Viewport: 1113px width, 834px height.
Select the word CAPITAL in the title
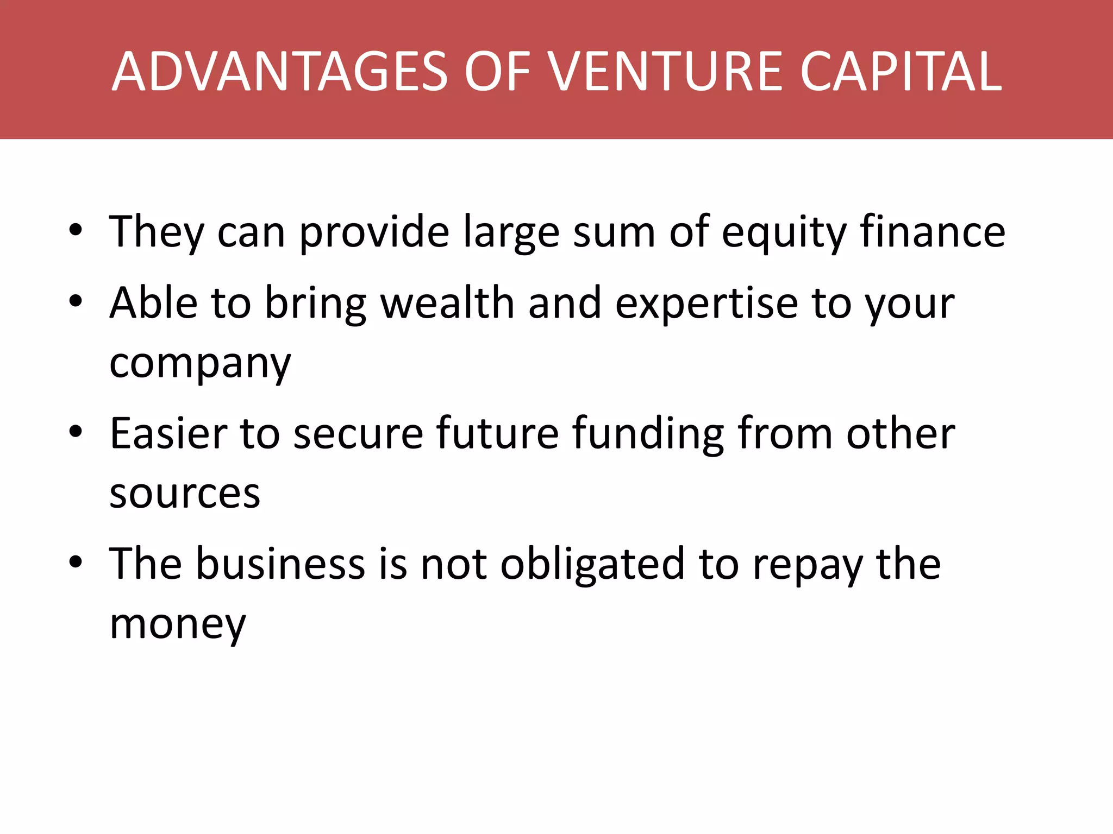901,71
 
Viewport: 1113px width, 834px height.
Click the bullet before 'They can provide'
76,230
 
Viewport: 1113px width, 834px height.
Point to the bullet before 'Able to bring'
76,301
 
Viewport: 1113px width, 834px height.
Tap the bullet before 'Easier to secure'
76,432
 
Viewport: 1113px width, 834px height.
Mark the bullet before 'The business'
76,562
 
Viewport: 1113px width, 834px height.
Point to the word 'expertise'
706,304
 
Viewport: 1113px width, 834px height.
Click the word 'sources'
185,494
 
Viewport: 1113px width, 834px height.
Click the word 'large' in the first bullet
511,233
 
